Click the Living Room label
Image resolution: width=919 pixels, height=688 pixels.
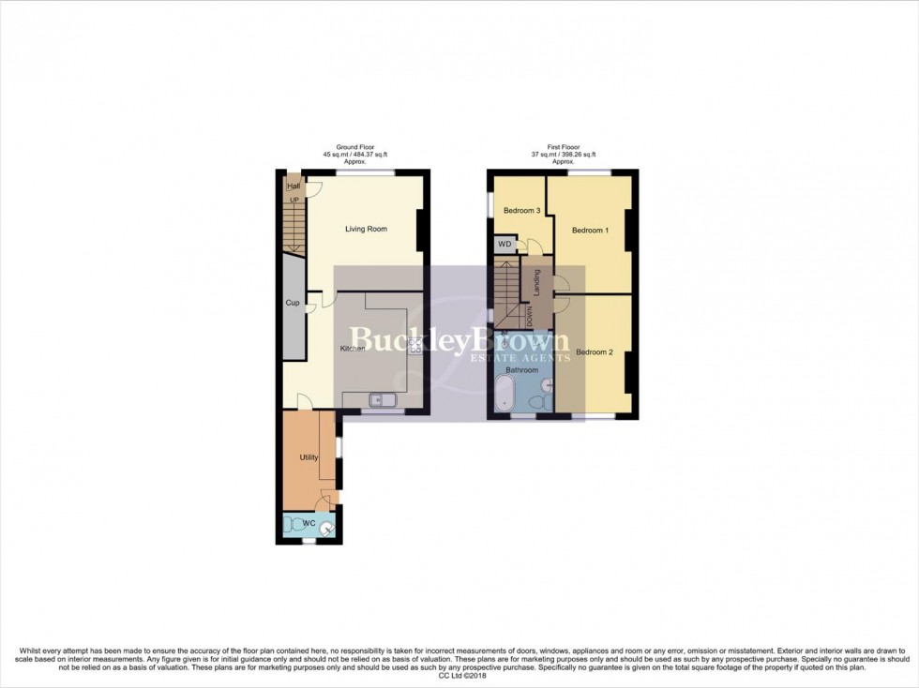(x=366, y=229)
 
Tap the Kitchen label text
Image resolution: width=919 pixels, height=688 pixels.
(x=352, y=348)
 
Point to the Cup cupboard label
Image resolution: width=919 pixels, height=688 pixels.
(x=293, y=304)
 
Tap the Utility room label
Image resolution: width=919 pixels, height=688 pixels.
(x=309, y=457)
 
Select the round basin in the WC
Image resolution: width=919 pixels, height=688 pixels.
(x=326, y=529)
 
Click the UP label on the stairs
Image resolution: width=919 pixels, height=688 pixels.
(x=293, y=201)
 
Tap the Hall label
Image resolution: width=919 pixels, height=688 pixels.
(x=294, y=186)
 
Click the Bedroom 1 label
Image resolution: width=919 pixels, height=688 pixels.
(x=591, y=230)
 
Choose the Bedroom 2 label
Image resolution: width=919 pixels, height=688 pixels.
(x=594, y=352)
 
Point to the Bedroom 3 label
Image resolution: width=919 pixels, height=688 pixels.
(x=522, y=210)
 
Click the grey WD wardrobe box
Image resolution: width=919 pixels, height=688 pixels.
(x=505, y=246)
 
